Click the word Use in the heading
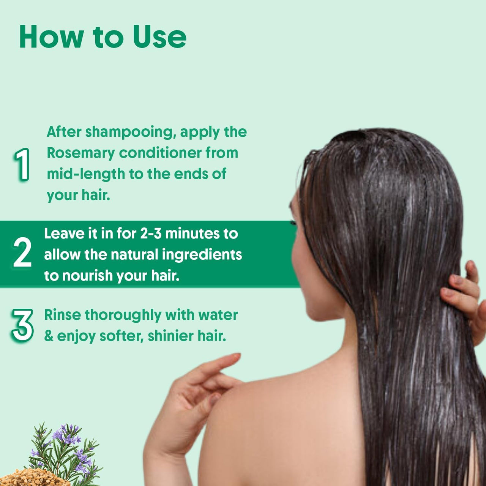[x=159, y=37]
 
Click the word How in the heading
[x=51, y=37]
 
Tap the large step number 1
[x=22, y=164]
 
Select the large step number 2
[x=22, y=252]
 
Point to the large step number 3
[x=22, y=325]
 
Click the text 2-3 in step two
[x=151, y=234]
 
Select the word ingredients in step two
[x=202, y=254]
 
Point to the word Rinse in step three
[x=62, y=315]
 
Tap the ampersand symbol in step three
[x=49, y=336]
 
